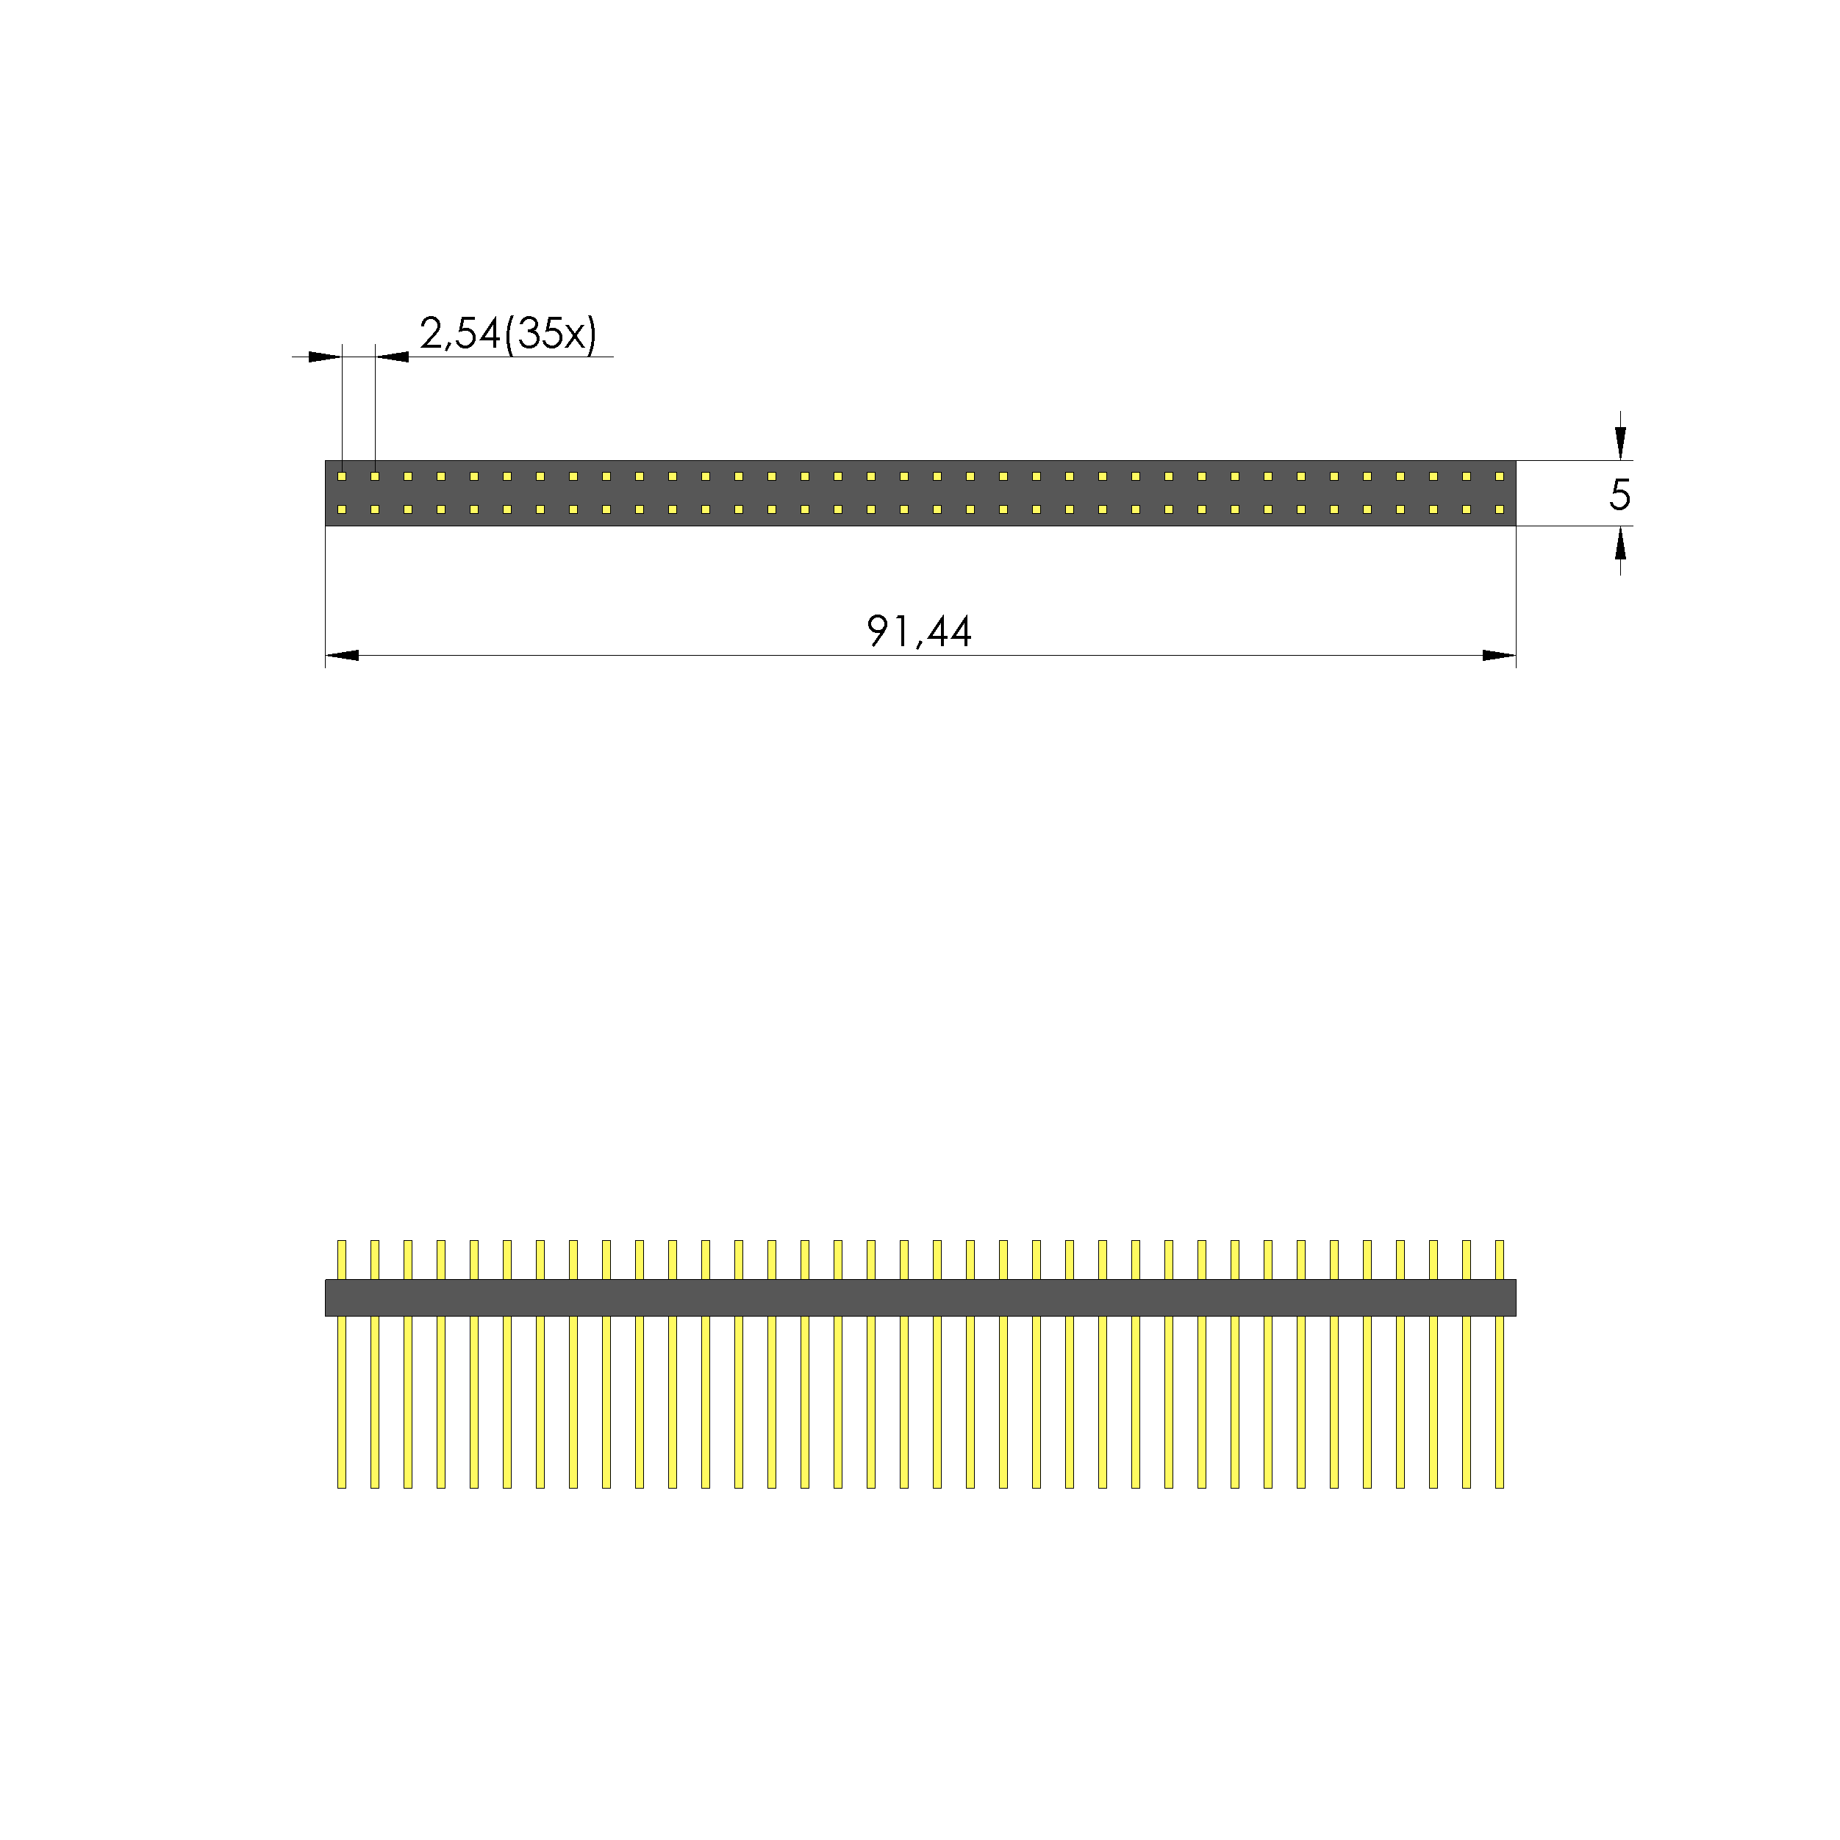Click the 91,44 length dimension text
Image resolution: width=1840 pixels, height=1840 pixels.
coord(918,631)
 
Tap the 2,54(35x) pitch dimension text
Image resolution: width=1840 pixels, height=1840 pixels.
coord(508,333)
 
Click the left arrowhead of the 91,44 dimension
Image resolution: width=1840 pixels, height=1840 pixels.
coord(343,655)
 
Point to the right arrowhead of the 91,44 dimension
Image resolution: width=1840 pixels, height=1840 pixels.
coord(1498,655)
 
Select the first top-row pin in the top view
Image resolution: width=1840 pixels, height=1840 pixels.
coord(342,476)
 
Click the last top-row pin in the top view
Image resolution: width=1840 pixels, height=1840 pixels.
coord(1499,476)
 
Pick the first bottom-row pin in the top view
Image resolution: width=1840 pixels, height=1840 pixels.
coord(342,509)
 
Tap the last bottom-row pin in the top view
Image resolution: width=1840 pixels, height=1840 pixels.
coord(1499,509)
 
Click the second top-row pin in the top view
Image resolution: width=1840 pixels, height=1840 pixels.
coord(375,476)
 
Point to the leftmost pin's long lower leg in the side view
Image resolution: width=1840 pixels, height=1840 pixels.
coord(342,1400)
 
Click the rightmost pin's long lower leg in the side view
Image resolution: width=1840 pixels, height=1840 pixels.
coord(1499,1400)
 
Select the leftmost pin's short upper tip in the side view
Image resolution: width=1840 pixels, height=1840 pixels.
coord(342,1259)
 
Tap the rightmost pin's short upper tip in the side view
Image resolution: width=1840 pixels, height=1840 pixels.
coord(1499,1259)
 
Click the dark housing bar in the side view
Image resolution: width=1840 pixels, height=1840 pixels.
coord(920,1297)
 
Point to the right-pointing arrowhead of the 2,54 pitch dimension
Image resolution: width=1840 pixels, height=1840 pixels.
coord(325,357)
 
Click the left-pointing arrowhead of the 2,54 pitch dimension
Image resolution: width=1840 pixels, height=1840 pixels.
coord(393,357)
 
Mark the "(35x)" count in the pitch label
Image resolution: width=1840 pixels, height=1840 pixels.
coord(551,333)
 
